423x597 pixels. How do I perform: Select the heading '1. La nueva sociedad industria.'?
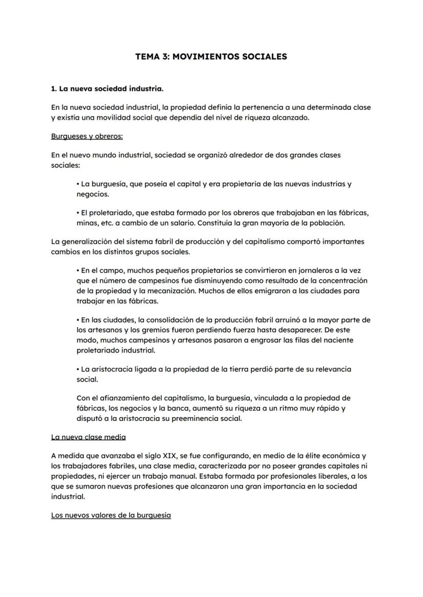coord(107,89)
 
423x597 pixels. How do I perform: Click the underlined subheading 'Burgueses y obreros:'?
coord(87,136)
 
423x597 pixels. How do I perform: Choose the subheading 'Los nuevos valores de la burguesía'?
coord(111,515)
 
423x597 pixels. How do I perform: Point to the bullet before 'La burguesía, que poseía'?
coord(78,184)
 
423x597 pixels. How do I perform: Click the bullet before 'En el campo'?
coord(78,270)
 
